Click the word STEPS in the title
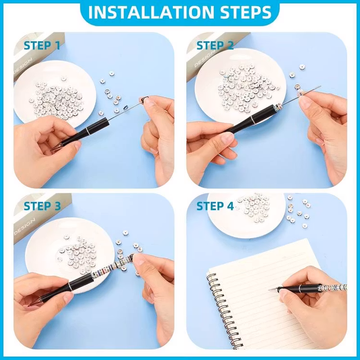pos(246,12)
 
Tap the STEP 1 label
pos(42,45)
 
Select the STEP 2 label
pos(215,45)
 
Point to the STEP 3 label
pos(42,206)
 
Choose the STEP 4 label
pos(215,206)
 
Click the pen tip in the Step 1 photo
pos(53,149)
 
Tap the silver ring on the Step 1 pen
pos(87,131)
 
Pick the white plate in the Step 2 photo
pos(240,85)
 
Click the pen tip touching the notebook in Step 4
pos(271,289)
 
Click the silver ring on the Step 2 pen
pos(252,119)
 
